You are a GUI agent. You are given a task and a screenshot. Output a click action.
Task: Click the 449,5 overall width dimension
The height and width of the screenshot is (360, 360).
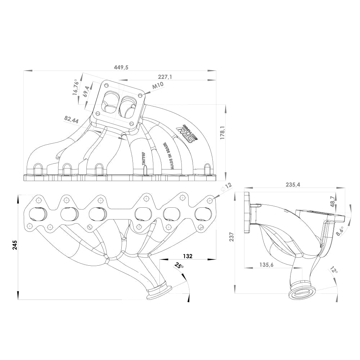[x=121, y=67]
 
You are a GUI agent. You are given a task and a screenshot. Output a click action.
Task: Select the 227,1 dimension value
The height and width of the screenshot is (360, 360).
[x=165, y=77]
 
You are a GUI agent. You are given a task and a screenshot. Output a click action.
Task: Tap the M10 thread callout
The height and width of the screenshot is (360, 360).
[x=158, y=86]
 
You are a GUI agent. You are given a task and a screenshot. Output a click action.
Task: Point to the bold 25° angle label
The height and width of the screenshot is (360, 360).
[x=179, y=266]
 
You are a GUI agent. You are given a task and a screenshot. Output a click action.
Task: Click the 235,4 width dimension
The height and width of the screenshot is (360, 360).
[x=293, y=185]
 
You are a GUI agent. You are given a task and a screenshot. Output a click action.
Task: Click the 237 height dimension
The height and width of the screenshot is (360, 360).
[x=232, y=236]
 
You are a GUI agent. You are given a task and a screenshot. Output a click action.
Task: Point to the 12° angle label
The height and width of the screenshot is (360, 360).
[x=334, y=270]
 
